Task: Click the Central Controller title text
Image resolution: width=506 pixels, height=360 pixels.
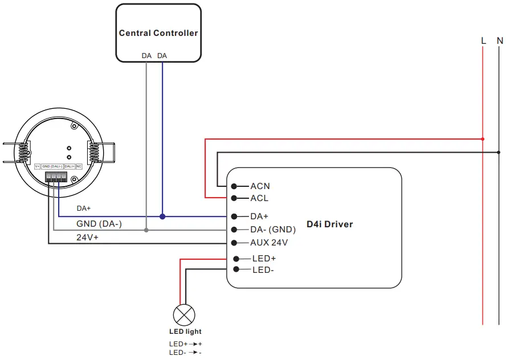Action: (x=158, y=33)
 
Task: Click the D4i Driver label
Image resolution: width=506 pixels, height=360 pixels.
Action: (x=329, y=224)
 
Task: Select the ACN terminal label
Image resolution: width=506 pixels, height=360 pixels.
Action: (x=260, y=186)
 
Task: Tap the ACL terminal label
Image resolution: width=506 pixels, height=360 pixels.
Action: (x=259, y=198)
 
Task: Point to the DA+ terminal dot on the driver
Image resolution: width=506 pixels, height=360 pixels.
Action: (x=234, y=216)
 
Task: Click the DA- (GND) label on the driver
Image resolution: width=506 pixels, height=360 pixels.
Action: (x=273, y=230)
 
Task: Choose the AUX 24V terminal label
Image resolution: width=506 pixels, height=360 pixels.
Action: (x=269, y=243)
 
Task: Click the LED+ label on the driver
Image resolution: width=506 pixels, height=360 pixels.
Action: (x=264, y=259)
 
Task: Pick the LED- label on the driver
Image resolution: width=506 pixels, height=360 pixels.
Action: (x=263, y=270)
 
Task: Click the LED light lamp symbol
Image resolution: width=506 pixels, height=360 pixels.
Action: (x=184, y=315)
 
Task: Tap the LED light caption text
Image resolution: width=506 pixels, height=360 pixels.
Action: (x=185, y=332)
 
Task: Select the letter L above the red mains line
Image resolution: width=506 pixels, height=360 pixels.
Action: (x=483, y=40)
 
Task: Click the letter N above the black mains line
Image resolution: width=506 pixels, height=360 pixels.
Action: (x=500, y=40)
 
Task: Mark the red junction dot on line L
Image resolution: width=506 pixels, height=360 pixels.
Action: (x=483, y=138)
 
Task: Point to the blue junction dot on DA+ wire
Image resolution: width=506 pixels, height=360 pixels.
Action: (x=162, y=216)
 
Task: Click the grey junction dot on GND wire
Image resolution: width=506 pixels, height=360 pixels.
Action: (x=146, y=230)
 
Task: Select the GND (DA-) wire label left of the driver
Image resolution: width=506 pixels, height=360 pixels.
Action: (x=99, y=224)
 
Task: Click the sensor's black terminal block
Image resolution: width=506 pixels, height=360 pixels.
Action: (x=56, y=177)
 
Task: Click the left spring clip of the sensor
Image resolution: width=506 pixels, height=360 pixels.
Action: (x=23, y=152)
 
